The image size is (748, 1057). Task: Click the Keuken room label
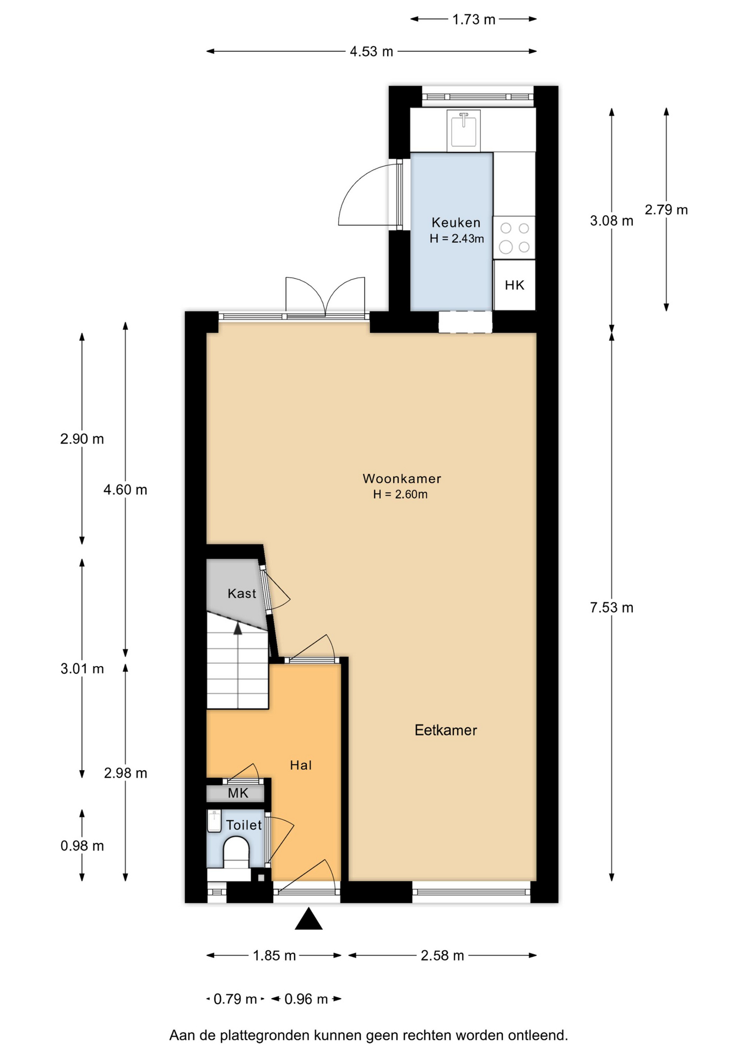point(456,223)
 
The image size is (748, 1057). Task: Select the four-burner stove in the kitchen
point(514,237)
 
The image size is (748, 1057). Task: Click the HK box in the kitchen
point(514,285)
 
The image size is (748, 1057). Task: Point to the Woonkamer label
point(402,479)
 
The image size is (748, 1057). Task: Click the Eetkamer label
point(446,731)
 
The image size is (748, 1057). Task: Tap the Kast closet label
point(242,593)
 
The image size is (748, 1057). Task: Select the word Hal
point(301,765)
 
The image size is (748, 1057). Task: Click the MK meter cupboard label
point(238,793)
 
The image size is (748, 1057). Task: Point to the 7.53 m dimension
point(611,608)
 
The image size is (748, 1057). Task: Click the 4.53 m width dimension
point(371,52)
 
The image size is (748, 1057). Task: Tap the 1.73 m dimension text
point(474,20)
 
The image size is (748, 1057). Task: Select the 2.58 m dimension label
point(442,956)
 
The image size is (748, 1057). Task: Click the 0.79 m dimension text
point(235,999)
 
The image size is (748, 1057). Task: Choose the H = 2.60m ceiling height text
point(400,494)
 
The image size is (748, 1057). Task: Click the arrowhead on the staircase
point(238,629)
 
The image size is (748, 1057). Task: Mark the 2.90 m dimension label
point(82,439)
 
